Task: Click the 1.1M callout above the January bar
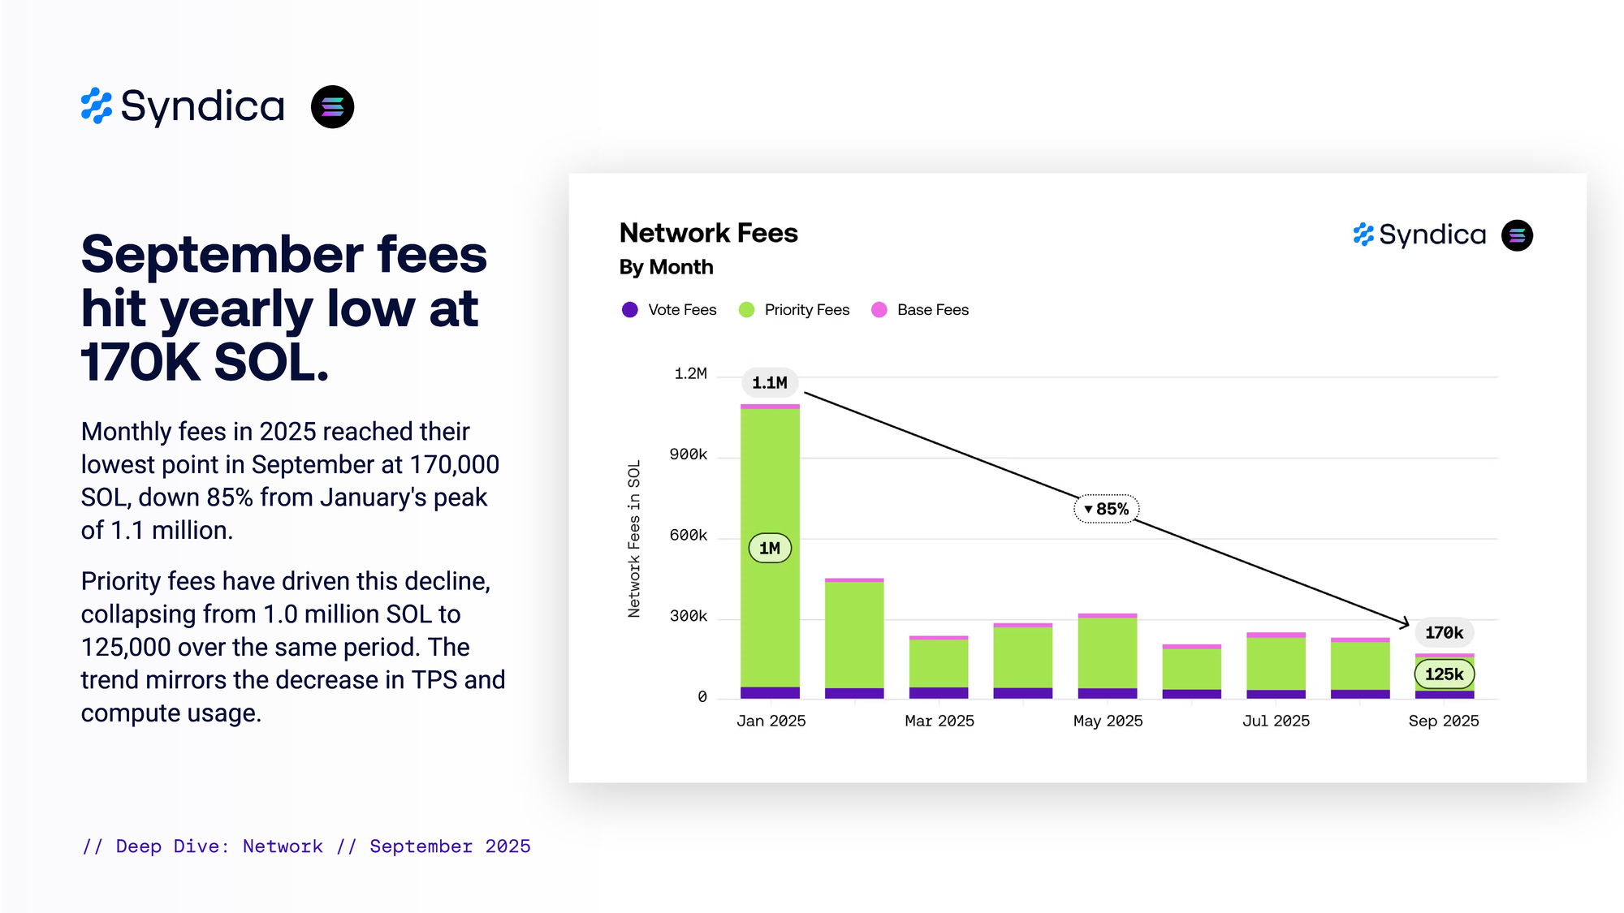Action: [x=769, y=382]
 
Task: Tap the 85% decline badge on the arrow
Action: [x=1107, y=509]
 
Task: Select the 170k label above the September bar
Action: [x=1444, y=632]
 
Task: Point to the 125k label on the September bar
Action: [x=1444, y=674]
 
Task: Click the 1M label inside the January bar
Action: [x=769, y=548]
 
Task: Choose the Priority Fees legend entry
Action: [x=794, y=310]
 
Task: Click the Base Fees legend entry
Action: [x=920, y=310]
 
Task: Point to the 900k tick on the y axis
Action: [x=688, y=454]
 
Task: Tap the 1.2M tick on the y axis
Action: [x=690, y=373]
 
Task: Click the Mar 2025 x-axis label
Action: [x=939, y=721]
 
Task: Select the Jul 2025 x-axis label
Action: [x=1276, y=721]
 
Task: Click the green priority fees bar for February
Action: [x=854, y=635]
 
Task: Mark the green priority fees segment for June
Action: [x=1191, y=669]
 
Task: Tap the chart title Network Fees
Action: [x=708, y=233]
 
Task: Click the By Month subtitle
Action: [x=666, y=267]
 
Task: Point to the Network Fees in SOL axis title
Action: [x=634, y=539]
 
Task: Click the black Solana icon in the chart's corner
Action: [x=1517, y=235]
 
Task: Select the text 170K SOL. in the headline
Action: [x=205, y=362]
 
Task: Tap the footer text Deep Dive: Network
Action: [x=219, y=846]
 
